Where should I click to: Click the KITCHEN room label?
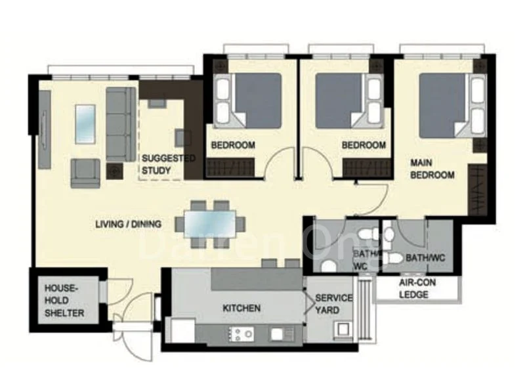241,308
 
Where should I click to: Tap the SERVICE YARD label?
333,304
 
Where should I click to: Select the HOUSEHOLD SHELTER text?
64,301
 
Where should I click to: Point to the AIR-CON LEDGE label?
417,289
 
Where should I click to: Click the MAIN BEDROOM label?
432,169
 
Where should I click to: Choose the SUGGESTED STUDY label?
169,164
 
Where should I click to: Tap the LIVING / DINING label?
128,224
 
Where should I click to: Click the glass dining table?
210,224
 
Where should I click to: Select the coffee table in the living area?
85,124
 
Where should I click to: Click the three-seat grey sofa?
121,124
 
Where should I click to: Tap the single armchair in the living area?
85,173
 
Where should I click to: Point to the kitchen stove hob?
240,334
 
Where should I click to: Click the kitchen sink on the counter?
277,333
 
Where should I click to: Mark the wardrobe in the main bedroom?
477,190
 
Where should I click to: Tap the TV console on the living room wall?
45,129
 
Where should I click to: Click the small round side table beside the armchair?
114,171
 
